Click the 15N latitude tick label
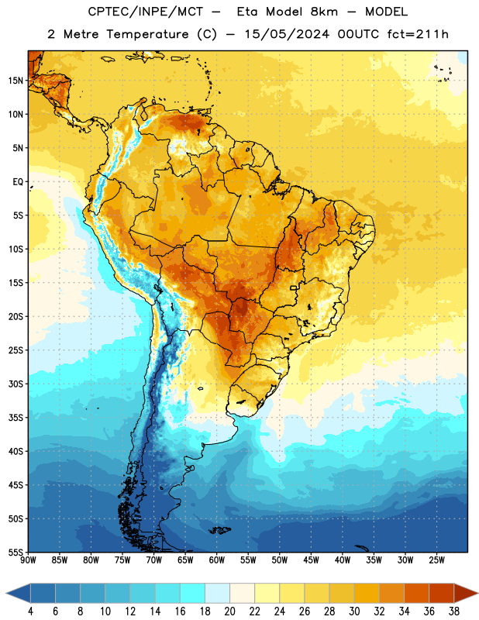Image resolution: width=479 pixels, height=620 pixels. (x=16, y=81)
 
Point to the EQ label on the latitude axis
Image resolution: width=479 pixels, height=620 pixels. (x=18, y=182)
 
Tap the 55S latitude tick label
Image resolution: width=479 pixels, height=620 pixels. (x=16, y=552)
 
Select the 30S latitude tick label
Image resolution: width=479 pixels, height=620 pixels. (x=16, y=384)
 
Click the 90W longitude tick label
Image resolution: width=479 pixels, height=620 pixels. (x=28, y=560)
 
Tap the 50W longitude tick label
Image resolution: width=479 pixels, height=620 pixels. (x=280, y=560)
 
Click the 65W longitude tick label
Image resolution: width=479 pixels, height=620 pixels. (x=185, y=560)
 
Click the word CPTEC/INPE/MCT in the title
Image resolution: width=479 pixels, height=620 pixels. (x=146, y=12)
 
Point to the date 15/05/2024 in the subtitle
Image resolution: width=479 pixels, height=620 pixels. (x=287, y=34)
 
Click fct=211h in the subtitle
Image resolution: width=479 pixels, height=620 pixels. (x=418, y=34)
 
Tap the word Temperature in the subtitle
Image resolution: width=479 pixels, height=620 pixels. (x=147, y=34)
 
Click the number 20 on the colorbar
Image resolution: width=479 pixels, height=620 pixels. (x=229, y=611)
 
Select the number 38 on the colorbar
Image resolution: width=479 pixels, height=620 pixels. (x=454, y=611)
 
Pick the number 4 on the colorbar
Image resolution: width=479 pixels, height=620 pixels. (x=30, y=611)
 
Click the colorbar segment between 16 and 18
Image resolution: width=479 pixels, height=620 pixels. (x=193, y=593)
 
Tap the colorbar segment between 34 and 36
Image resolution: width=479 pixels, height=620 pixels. (x=417, y=593)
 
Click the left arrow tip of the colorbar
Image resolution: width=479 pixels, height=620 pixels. (x=6, y=593)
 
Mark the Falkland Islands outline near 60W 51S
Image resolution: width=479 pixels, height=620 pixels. (x=219, y=530)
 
